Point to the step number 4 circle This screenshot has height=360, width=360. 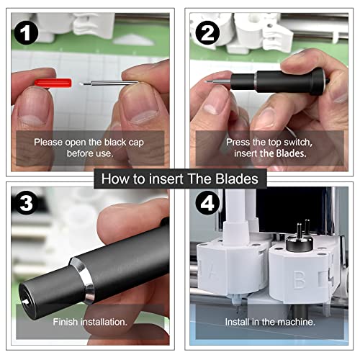click(x=210, y=204)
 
